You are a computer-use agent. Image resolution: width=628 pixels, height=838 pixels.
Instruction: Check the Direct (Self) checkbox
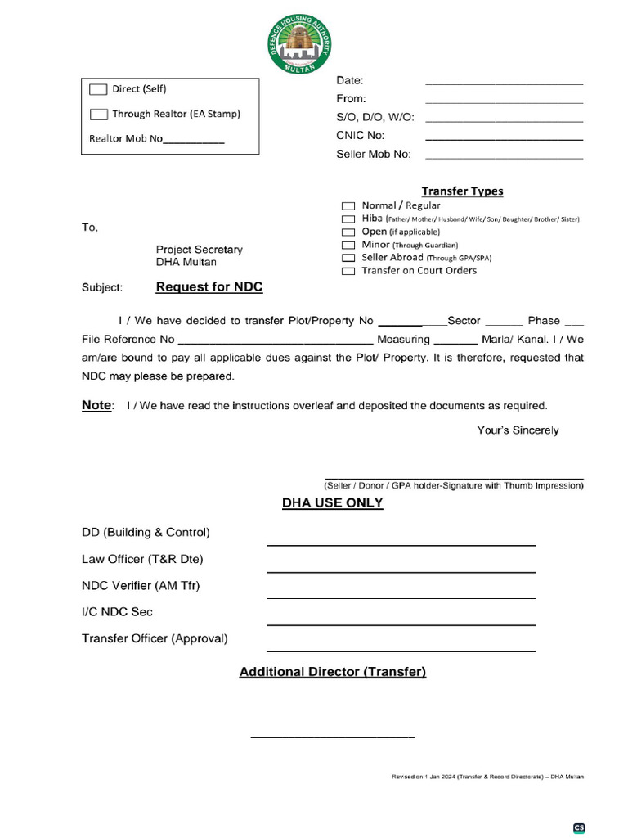click(x=98, y=89)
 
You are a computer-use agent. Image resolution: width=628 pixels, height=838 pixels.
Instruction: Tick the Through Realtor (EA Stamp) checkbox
click(x=98, y=115)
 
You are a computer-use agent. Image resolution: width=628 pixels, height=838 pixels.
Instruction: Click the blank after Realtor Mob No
click(x=194, y=140)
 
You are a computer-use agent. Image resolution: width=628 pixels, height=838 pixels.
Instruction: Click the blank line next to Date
click(x=504, y=82)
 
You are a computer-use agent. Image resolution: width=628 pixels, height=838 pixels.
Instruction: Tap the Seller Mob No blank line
click(x=504, y=155)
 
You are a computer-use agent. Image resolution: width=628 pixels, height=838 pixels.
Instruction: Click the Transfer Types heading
click(x=462, y=191)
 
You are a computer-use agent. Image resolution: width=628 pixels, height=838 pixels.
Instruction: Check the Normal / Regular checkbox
click(x=348, y=206)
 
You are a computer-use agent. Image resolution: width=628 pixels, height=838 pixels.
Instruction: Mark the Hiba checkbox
click(x=348, y=219)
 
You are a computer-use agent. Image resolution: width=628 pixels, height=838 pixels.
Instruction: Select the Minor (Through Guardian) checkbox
click(x=348, y=245)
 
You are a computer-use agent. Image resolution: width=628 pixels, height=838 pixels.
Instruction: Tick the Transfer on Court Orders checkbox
click(x=348, y=271)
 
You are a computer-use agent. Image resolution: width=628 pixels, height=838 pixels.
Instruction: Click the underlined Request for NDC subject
click(x=209, y=287)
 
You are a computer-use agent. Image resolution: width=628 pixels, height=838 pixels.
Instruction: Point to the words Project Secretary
click(x=199, y=250)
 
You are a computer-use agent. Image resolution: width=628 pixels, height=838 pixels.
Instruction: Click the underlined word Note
click(x=96, y=405)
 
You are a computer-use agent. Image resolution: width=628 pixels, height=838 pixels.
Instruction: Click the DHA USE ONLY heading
click(x=332, y=503)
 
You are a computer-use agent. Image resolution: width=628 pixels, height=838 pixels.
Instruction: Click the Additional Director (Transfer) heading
click(x=332, y=672)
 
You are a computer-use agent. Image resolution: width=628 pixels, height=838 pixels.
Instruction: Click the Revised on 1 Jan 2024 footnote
click(x=487, y=776)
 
